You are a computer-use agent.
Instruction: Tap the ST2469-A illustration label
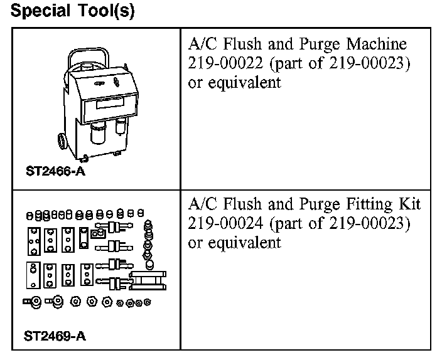click(x=56, y=336)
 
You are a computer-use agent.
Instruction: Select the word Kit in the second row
click(x=409, y=204)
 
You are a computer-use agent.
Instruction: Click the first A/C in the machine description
click(x=202, y=45)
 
